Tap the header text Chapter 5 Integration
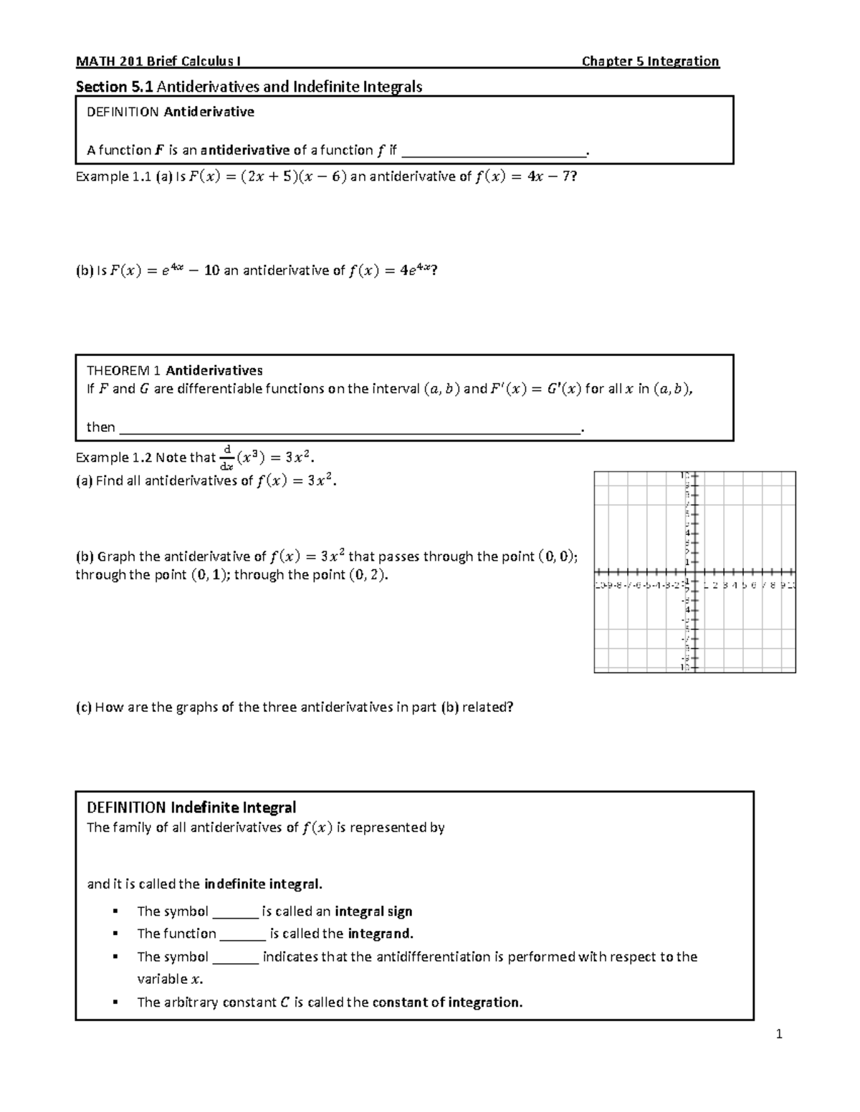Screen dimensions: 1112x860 tap(650, 62)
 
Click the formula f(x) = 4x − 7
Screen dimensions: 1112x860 tap(525, 177)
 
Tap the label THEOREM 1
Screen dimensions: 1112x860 tap(124, 371)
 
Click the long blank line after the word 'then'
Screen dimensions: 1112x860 tap(350, 428)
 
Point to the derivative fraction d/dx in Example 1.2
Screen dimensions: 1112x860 tap(226, 458)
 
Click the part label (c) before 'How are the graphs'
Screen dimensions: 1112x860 tap(83, 707)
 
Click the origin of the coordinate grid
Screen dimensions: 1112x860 tap(694, 573)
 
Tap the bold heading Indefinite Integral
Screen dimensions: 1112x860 tap(233, 808)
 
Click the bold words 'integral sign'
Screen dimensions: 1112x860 tap(373, 912)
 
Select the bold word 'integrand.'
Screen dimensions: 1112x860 tap(381, 934)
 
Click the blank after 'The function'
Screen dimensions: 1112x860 tap(242, 934)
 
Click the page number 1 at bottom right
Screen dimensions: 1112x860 tap(779, 1034)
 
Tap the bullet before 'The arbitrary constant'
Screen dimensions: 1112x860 tap(115, 1002)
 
